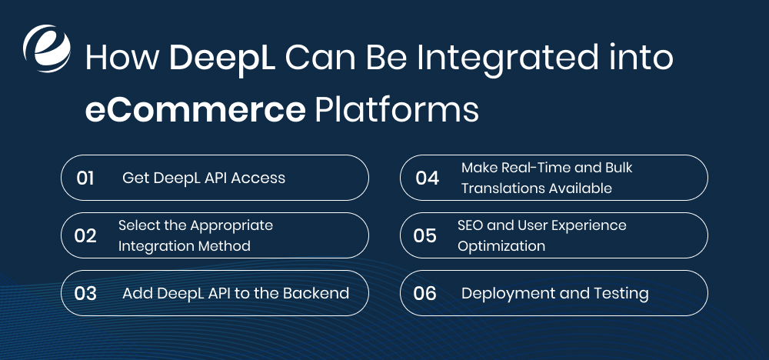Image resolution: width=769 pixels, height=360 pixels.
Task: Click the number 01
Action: tap(85, 178)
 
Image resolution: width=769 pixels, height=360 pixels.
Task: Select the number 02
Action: tap(85, 235)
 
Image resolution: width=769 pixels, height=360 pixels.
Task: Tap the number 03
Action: tap(85, 293)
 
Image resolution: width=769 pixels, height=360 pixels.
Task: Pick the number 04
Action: tap(427, 178)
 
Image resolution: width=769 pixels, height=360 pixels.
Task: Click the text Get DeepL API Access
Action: tap(204, 178)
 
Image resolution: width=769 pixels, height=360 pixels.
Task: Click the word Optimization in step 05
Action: tap(501, 246)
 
